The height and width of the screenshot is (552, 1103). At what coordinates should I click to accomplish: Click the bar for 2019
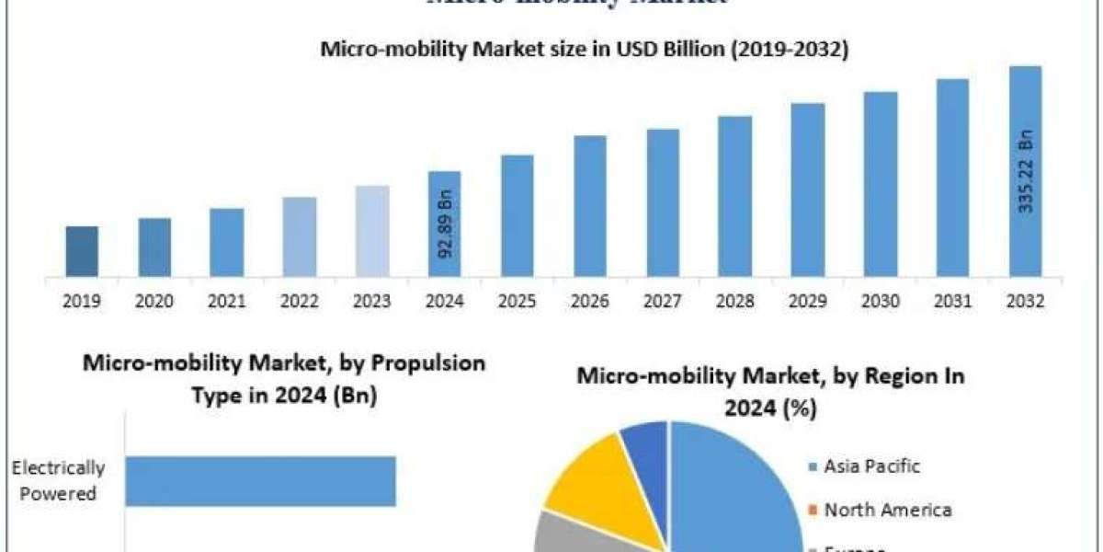[82, 250]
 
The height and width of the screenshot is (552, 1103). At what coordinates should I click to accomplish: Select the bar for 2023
[372, 230]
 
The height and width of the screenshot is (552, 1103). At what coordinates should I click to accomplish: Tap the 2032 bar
[1025, 170]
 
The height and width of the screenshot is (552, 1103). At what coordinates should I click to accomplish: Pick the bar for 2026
[590, 205]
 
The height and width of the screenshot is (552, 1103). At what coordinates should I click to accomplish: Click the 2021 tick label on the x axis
[227, 301]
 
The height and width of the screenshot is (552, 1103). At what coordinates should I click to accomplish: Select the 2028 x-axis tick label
[735, 301]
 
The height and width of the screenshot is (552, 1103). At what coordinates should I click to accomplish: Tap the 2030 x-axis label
[881, 301]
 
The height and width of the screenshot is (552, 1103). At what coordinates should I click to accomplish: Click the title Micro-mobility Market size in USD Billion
[584, 51]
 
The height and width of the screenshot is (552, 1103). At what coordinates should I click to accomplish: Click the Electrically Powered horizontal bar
[260, 481]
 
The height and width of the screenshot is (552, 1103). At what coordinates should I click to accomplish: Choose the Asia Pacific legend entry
[871, 466]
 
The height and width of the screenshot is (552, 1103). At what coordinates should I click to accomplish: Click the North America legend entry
[886, 510]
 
